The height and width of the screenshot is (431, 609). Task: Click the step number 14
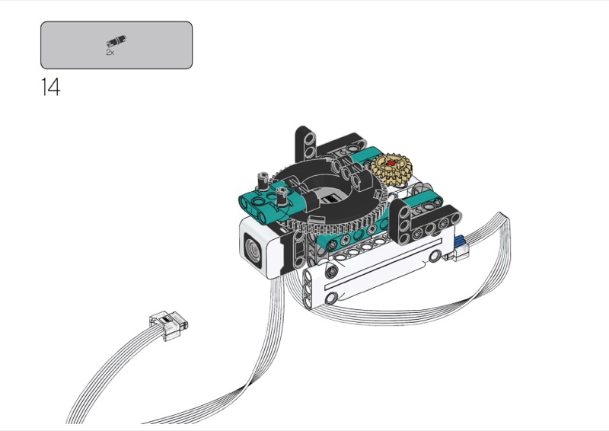pyautogui.click(x=51, y=87)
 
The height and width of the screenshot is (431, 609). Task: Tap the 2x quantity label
pyautogui.click(x=110, y=52)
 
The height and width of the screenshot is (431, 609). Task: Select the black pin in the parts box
pyautogui.click(x=116, y=40)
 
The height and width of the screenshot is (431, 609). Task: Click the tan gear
pyautogui.click(x=391, y=168)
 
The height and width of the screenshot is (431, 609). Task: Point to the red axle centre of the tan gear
pyautogui.click(x=391, y=164)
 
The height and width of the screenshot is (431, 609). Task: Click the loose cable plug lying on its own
pyautogui.click(x=168, y=325)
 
